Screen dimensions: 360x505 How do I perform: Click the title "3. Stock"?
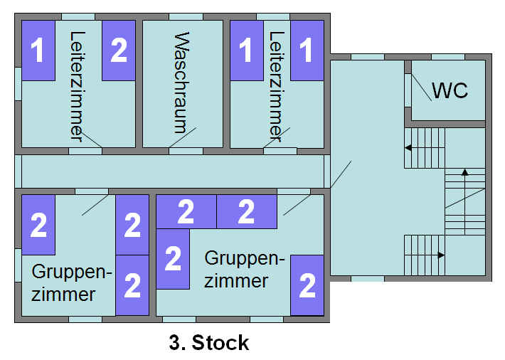[x=209, y=343]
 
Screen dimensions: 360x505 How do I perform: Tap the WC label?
[x=450, y=91]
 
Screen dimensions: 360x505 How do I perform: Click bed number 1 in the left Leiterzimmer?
[x=38, y=50]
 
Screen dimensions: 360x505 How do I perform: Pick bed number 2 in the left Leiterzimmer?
[x=119, y=50]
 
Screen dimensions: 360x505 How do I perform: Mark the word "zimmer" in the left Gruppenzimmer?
[x=63, y=294]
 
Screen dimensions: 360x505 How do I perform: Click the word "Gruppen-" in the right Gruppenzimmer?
[x=244, y=258]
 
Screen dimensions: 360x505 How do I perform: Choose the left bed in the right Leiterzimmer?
[x=246, y=50]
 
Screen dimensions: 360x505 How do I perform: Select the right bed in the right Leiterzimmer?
[x=307, y=50]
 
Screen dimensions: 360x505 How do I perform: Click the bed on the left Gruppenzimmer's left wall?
[x=38, y=224]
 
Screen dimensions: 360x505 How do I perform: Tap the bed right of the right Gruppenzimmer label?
[x=307, y=285]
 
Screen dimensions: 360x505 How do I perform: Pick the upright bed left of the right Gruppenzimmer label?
[x=173, y=259]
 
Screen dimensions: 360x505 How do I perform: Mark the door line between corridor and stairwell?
[x=340, y=176]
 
